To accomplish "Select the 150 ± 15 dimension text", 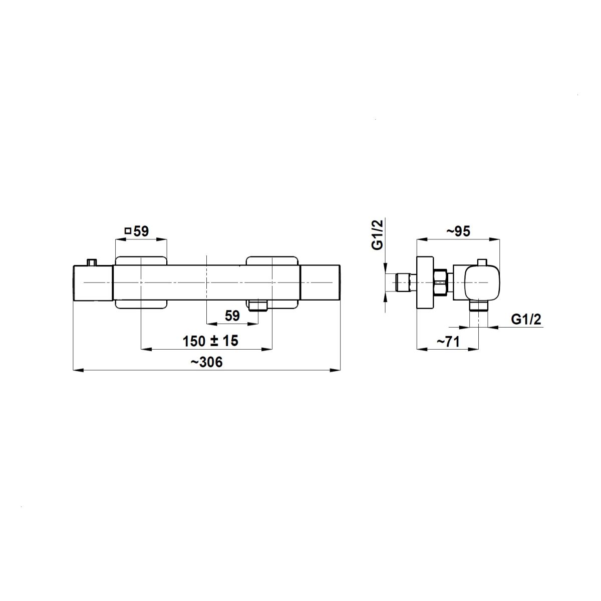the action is tap(210, 341).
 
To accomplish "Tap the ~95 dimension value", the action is tap(458, 231).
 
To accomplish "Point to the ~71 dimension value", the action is tap(448, 342).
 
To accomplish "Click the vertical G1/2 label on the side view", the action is tap(377, 235).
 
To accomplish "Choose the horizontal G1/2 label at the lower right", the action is tap(526, 320).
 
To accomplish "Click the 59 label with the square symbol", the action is tap(137, 231).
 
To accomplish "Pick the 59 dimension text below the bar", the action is tap(232, 316).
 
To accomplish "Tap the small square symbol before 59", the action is tap(128, 231).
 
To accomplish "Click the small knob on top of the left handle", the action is tap(92, 262).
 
